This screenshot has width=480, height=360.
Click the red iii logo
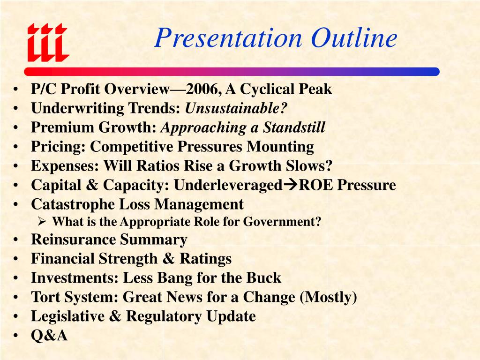(47, 42)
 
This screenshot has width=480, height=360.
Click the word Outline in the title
(354, 38)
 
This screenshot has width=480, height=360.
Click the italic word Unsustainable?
(236, 108)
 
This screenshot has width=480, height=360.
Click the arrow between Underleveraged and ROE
(290, 185)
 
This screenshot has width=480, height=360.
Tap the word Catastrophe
(73, 204)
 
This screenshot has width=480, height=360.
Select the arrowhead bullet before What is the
(41, 222)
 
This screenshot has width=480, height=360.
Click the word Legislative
(67, 316)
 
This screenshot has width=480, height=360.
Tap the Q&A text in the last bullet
(49, 336)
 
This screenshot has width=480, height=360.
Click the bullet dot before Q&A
(16, 336)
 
